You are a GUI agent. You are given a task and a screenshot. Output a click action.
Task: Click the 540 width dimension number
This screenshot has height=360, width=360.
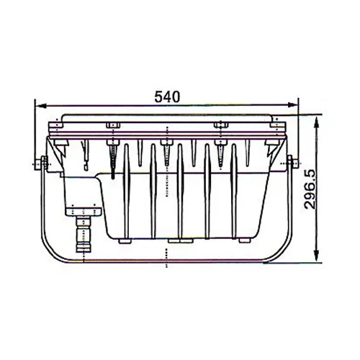[x=166, y=96]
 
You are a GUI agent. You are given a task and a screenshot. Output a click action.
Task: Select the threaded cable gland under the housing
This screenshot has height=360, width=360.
[x=85, y=232]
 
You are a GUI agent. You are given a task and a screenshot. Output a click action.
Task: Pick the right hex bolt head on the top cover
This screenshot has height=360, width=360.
[x=221, y=125]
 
